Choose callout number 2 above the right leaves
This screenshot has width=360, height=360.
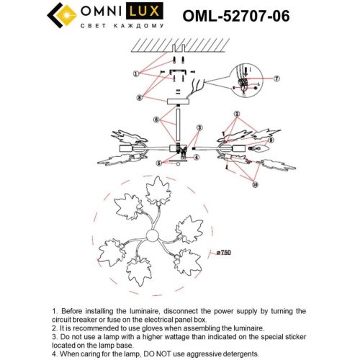pyautogui.click(x=235, y=114)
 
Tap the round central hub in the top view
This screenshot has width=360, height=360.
pyautogui.click(x=153, y=236)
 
